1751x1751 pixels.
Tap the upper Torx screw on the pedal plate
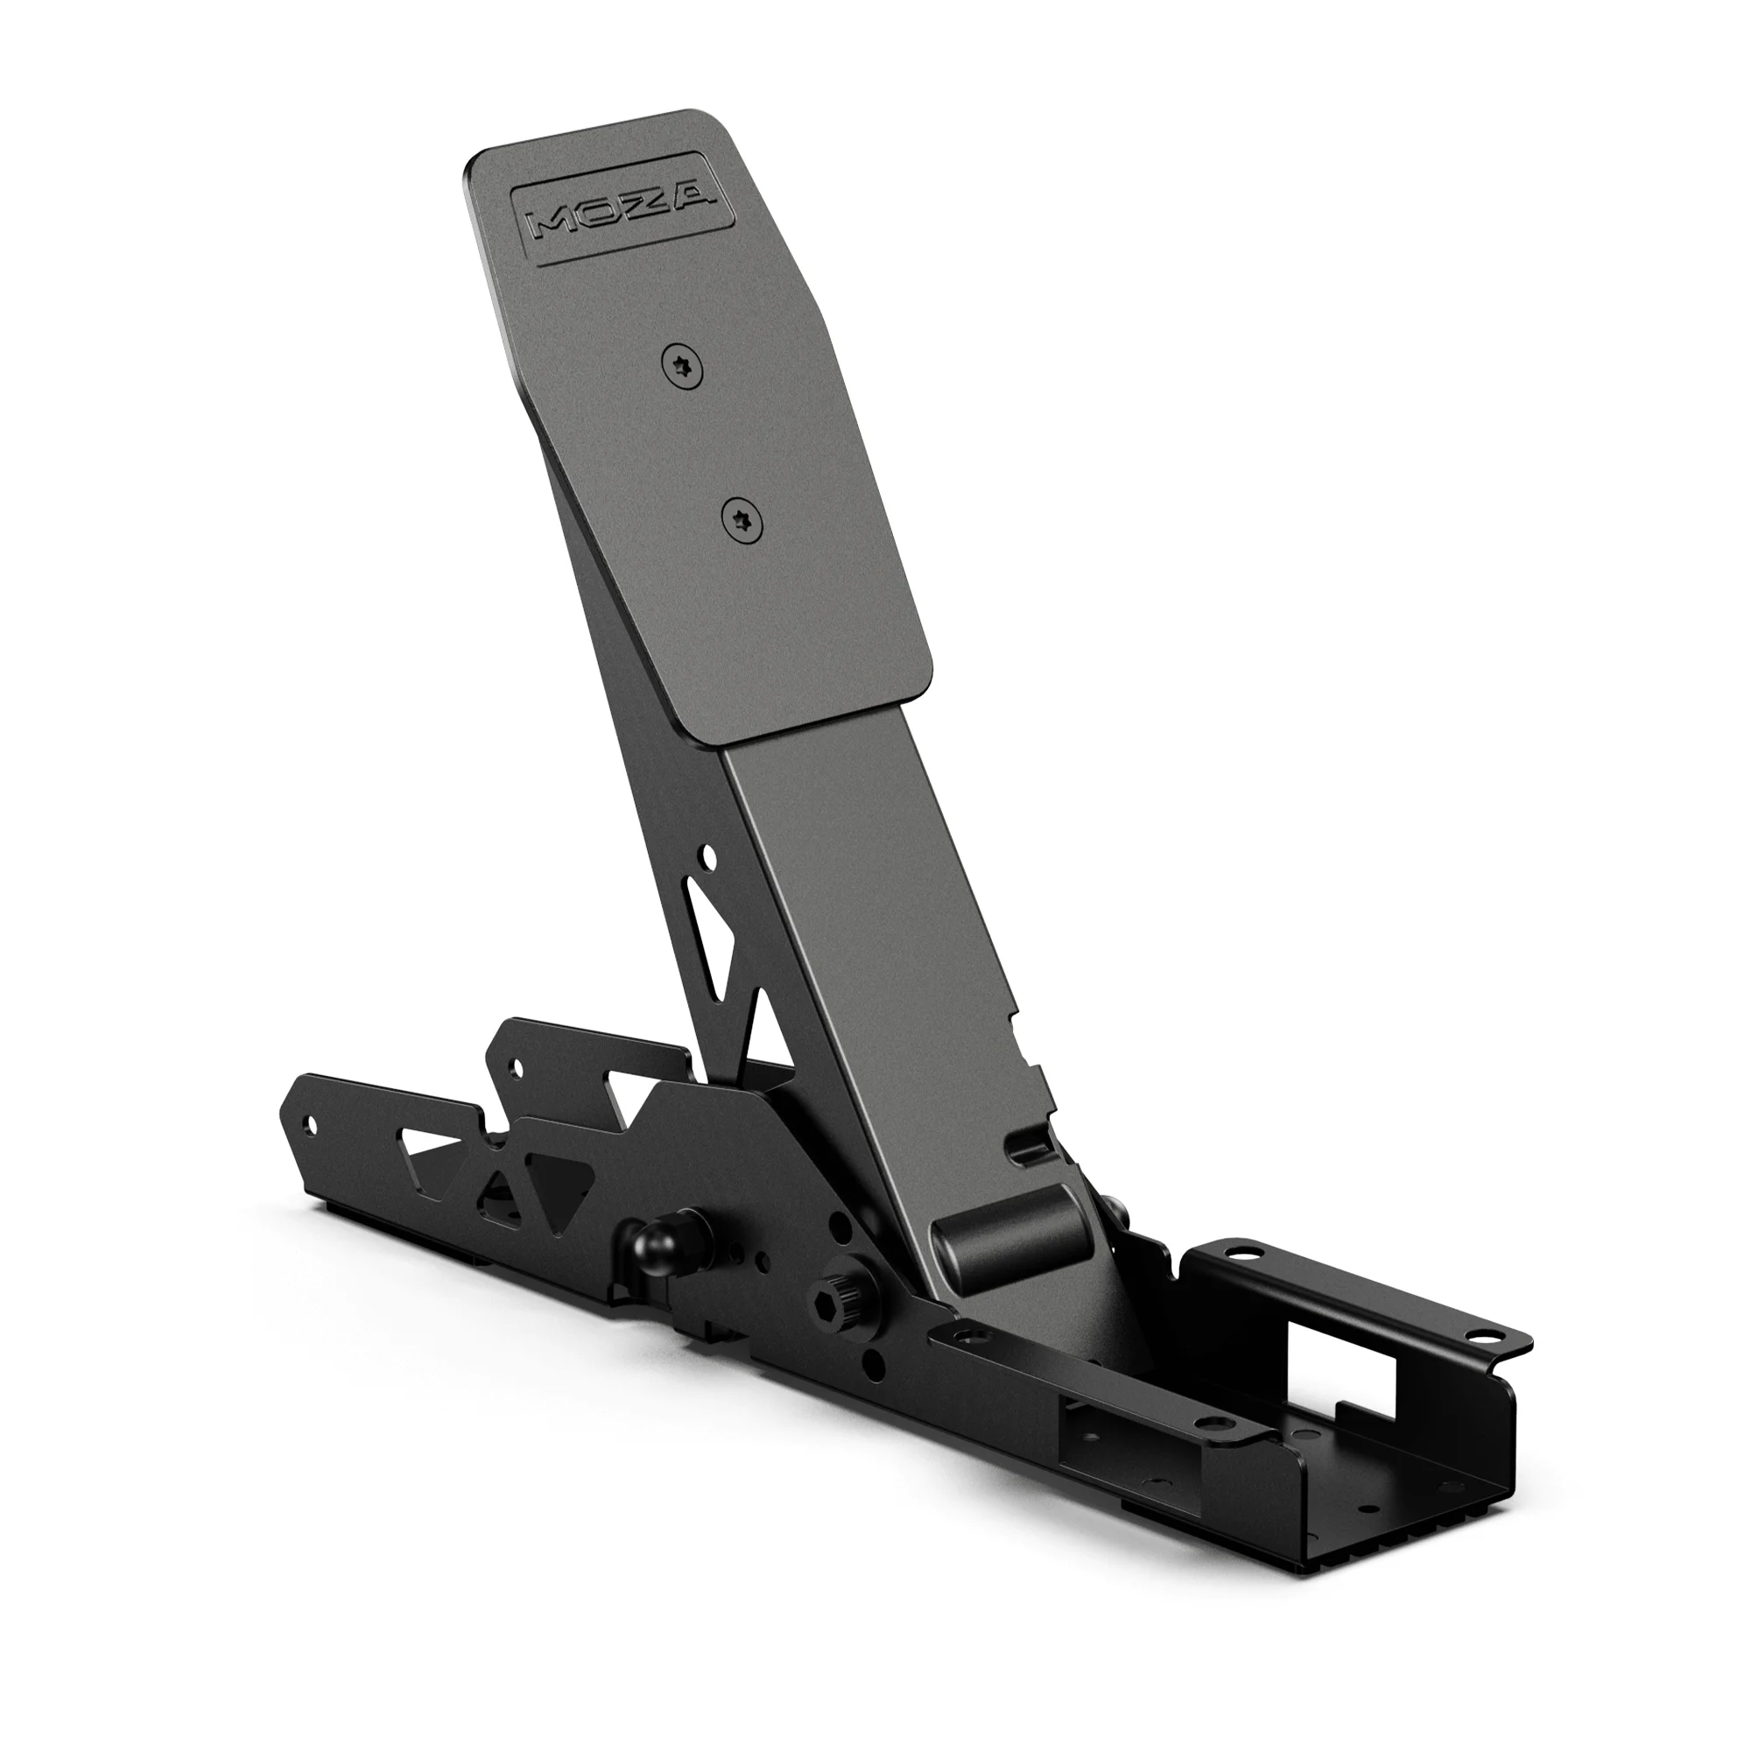(684, 369)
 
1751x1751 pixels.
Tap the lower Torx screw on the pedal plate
(742, 523)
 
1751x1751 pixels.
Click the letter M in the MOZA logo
(556, 223)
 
